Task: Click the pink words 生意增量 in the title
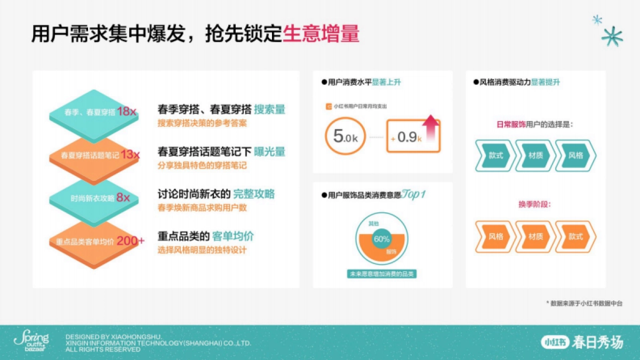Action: (x=321, y=33)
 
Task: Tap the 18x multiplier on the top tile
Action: (x=127, y=112)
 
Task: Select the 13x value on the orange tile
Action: (x=130, y=155)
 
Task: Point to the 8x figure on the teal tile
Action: (x=123, y=198)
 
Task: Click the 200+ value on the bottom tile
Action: (x=131, y=241)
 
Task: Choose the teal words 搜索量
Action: (x=269, y=109)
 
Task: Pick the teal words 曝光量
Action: (x=269, y=151)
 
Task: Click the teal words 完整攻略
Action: (x=254, y=194)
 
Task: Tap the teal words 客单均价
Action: (x=233, y=236)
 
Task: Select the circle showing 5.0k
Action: (x=345, y=137)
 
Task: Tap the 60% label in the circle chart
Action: (x=381, y=239)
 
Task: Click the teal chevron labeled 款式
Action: (x=495, y=155)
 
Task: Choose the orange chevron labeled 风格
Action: (x=495, y=236)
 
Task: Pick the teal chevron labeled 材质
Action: (x=535, y=155)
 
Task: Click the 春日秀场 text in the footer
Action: (x=597, y=342)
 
